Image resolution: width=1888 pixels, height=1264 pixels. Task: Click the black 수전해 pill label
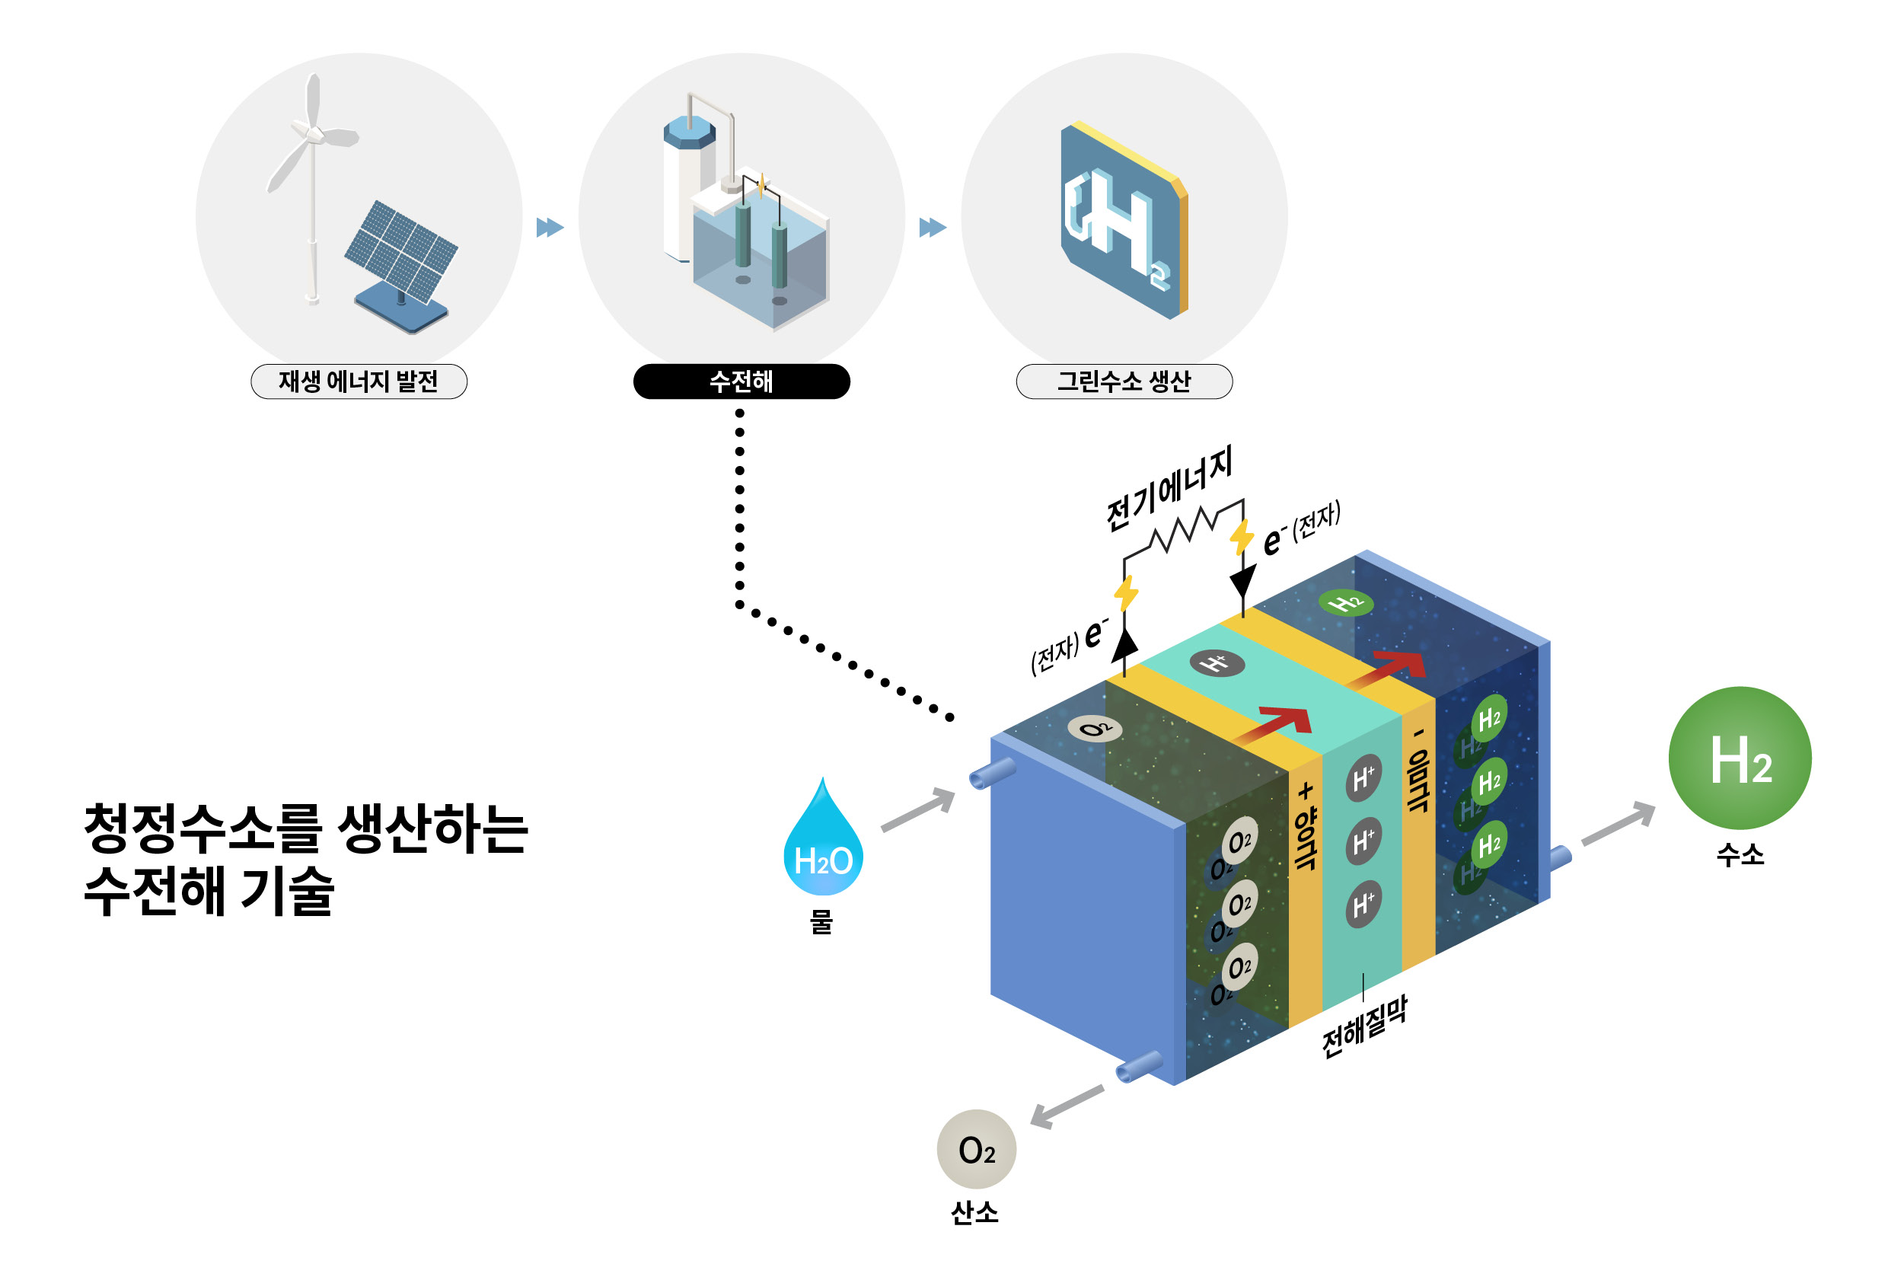pyautogui.click(x=741, y=381)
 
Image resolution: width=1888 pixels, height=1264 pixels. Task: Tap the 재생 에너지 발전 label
pyautogui.click(x=359, y=381)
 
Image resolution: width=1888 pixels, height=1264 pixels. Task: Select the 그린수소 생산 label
pyautogui.click(x=1124, y=381)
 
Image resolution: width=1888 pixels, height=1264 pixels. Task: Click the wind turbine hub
pyautogui.click(x=314, y=134)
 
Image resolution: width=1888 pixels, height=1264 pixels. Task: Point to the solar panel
pyautogui.click(x=400, y=251)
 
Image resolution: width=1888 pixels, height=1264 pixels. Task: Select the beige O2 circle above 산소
pyautogui.click(x=976, y=1150)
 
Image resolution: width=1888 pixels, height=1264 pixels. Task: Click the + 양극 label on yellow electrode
pyautogui.click(x=1305, y=826)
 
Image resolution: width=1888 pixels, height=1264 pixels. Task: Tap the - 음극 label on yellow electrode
pyautogui.click(x=1418, y=770)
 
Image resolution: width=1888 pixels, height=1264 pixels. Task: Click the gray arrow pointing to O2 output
pyautogui.click(x=1065, y=1107)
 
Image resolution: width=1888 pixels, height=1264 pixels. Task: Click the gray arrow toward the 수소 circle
pyautogui.click(x=1618, y=823)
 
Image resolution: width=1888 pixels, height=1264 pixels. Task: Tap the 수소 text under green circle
pyautogui.click(x=1740, y=854)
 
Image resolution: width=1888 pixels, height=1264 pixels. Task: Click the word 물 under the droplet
pyautogui.click(x=821, y=921)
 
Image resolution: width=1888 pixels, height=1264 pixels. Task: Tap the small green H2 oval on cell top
pyautogui.click(x=1344, y=602)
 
